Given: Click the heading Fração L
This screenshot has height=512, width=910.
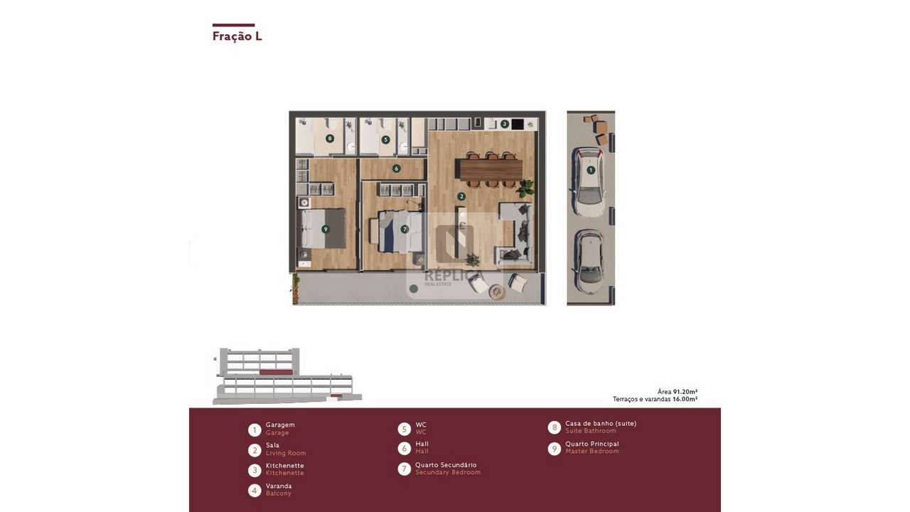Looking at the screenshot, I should (237, 36).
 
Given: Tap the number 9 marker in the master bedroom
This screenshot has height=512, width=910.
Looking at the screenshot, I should (325, 229).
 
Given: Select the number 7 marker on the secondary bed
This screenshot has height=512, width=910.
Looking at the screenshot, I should (405, 229).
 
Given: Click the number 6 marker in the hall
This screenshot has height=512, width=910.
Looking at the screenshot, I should (396, 169).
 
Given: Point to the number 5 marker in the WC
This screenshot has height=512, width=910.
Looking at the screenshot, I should (385, 140).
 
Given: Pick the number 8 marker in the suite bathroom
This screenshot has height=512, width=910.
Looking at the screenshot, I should (329, 139).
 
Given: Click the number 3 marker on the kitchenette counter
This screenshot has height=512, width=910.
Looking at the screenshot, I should (504, 124).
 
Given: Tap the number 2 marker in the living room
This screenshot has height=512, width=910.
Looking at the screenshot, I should (461, 196).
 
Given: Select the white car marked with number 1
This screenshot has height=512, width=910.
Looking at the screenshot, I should (589, 181).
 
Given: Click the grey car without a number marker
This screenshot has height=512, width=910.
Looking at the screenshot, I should (589, 261).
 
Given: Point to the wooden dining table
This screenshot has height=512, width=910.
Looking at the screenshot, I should (489, 170).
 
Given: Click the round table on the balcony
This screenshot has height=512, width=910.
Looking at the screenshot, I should (498, 292).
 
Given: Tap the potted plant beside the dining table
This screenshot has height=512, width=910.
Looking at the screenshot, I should (526, 188).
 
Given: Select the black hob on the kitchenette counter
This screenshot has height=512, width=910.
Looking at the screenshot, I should (518, 124).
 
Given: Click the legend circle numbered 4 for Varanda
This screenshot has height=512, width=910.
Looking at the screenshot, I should (254, 490).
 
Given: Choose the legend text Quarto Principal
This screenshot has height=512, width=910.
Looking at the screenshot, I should (591, 444).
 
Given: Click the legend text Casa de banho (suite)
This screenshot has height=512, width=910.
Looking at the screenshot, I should (601, 423).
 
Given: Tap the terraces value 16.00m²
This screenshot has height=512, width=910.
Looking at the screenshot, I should (685, 400).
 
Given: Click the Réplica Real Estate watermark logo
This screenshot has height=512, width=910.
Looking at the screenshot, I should (454, 256).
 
